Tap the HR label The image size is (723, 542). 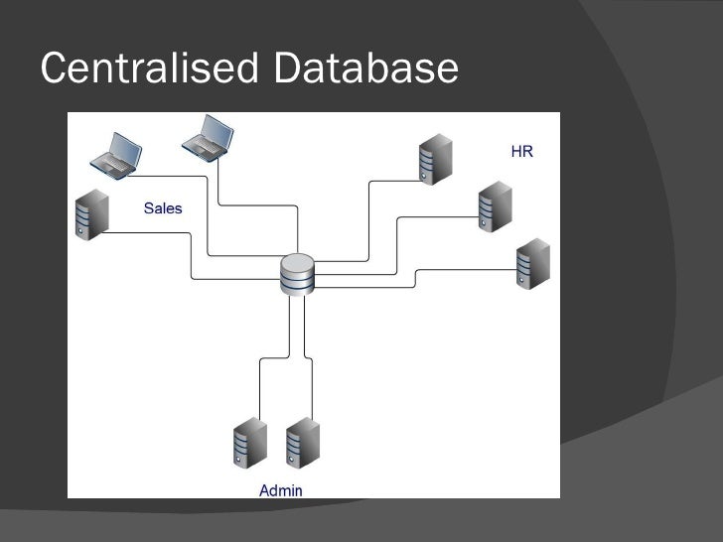point(521,152)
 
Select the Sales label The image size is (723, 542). point(163,208)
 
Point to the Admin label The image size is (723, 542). point(280,489)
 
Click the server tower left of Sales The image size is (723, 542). point(90,213)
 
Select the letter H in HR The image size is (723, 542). point(516,152)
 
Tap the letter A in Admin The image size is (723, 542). point(264,489)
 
